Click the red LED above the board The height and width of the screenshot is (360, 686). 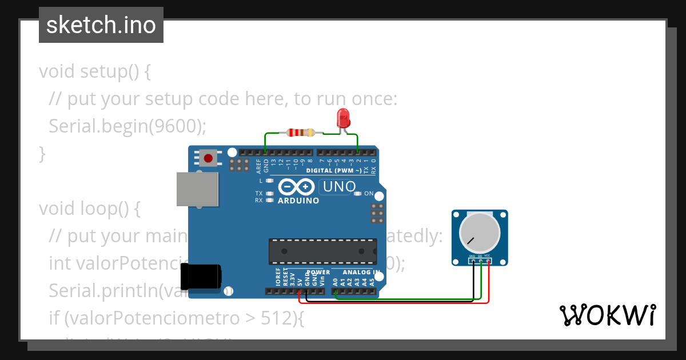click(x=344, y=118)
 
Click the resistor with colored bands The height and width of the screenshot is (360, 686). click(x=300, y=133)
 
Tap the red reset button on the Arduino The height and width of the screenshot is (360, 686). click(x=208, y=158)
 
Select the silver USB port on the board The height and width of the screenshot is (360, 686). click(x=197, y=188)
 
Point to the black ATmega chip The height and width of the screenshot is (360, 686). click(x=322, y=252)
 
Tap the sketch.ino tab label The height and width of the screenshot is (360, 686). click(x=101, y=25)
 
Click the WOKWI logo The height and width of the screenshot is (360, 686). click(x=607, y=315)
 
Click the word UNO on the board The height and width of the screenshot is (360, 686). click(x=339, y=187)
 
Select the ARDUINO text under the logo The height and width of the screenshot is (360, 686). click(x=298, y=201)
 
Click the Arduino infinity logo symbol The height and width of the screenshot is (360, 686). click(x=296, y=187)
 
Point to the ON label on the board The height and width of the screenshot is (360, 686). click(x=369, y=194)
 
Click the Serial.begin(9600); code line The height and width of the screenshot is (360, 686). click(x=127, y=126)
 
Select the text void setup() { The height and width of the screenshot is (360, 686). click(x=95, y=72)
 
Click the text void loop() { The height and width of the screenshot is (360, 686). click(x=89, y=209)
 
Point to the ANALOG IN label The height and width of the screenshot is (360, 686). click(x=361, y=272)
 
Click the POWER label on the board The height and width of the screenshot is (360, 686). click(x=318, y=272)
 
